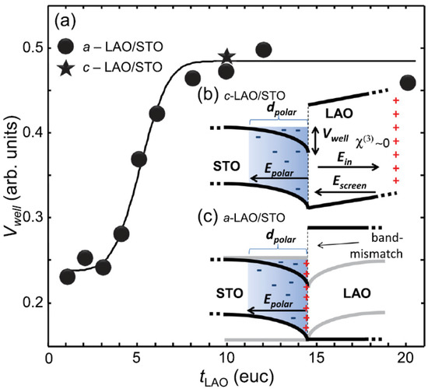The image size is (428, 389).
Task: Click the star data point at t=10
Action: pyautogui.click(x=226, y=56)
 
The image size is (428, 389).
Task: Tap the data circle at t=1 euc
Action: pyautogui.click(x=68, y=276)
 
